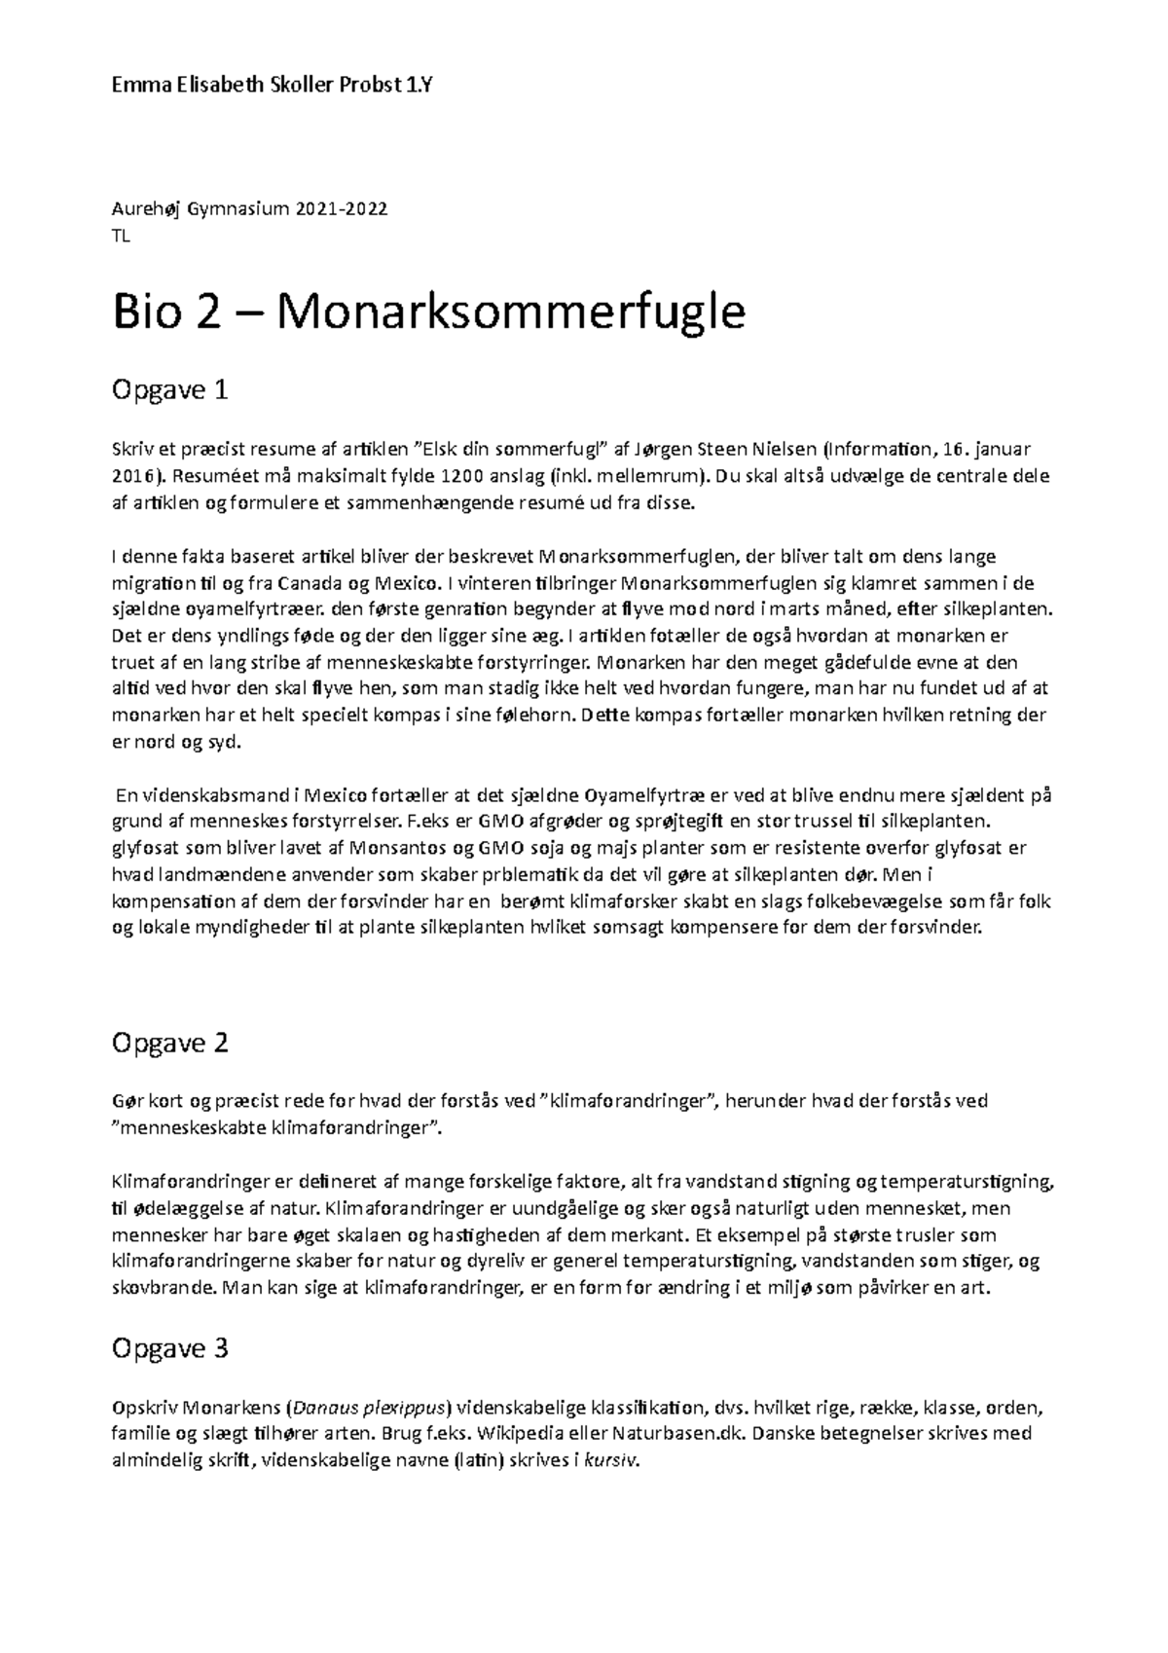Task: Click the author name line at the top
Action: pyautogui.click(x=273, y=85)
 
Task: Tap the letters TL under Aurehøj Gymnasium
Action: pyautogui.click(x=122, y=236)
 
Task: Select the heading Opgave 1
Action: pyautogui.click(x=169, y=391)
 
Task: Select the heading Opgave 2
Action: pyautogui.click(x=169, y=1043)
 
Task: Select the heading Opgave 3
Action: pyautogui.click(x=169, y=1348)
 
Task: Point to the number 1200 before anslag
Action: pyautogui.click(x=462, y=477)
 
